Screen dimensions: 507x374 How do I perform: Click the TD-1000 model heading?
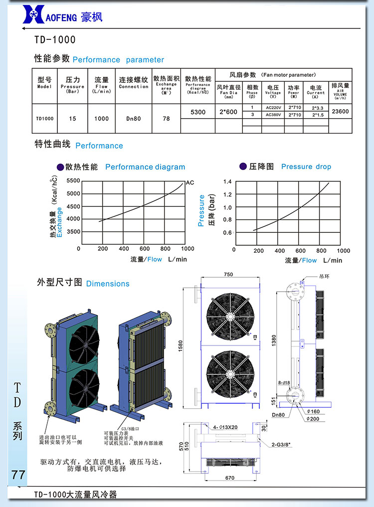[55, 40]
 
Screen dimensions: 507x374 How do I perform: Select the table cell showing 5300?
[198, 112]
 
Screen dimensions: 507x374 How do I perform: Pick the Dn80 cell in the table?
[133, 119]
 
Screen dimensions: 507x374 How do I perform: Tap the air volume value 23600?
[340, 112]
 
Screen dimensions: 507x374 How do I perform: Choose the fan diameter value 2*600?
[228, 112]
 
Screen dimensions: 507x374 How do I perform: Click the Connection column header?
[133, 83]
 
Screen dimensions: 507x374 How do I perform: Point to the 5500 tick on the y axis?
[72, 180]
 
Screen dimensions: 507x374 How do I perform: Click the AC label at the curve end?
[189, 182]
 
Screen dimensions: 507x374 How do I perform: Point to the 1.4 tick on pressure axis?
[227, 181]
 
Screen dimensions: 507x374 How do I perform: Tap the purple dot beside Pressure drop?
[243, 166]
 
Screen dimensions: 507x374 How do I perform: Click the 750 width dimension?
[228, 275]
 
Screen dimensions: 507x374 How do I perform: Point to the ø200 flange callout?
[313, 418]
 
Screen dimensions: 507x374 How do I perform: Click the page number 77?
[18, 474]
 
